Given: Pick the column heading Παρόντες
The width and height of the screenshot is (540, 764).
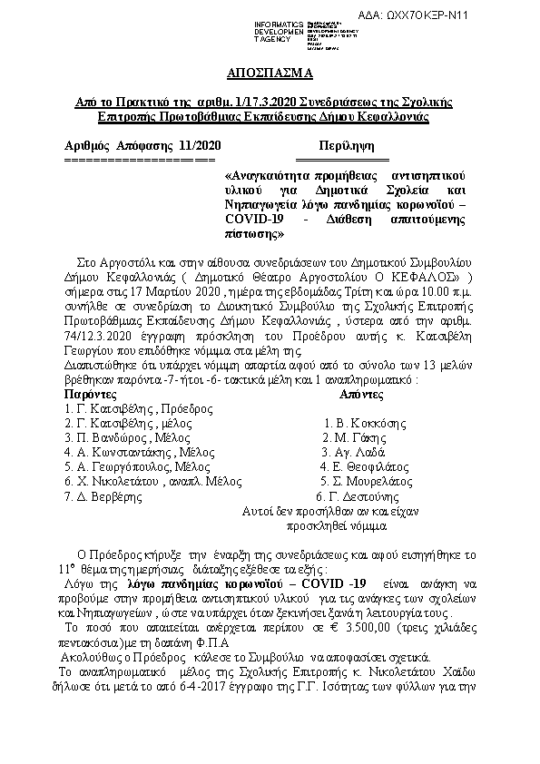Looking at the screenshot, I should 90,396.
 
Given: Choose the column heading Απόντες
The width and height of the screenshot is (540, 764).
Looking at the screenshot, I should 362,396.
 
